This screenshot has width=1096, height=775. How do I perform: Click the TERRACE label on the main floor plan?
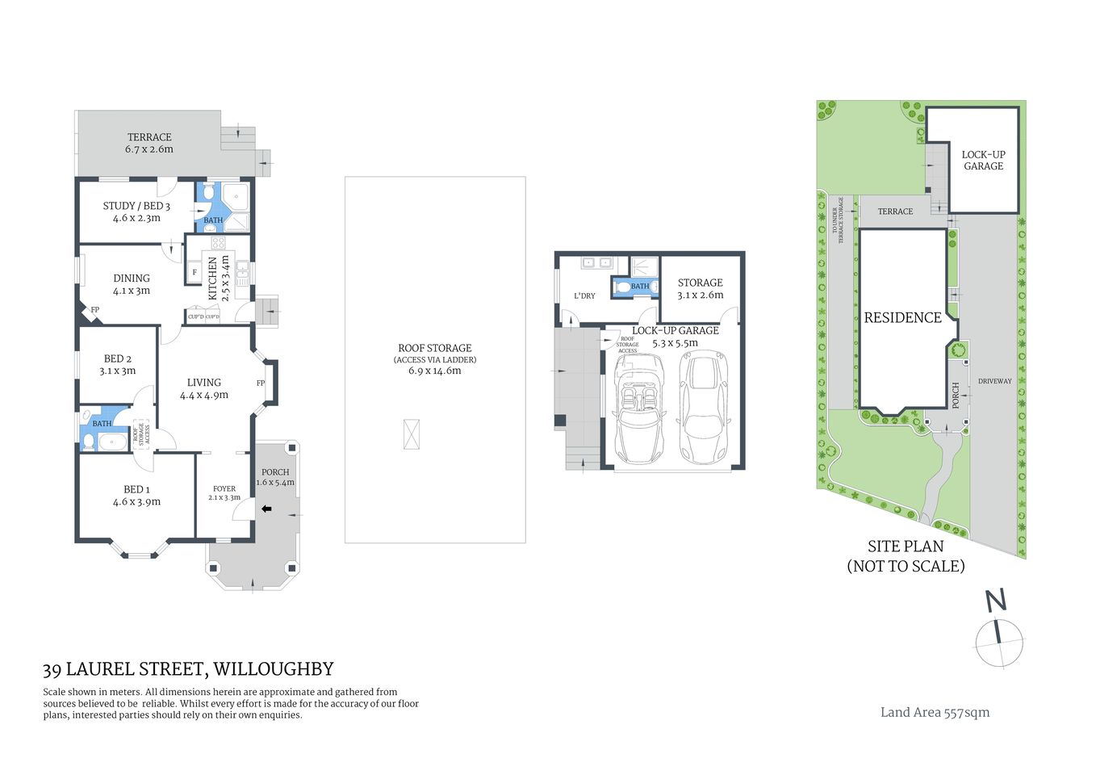tap(149, 137)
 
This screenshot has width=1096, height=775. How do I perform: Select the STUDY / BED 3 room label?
tap(136, 206)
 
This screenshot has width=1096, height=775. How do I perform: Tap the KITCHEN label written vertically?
tap(213, 278)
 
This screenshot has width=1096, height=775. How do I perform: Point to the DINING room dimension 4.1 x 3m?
tap(132, 291)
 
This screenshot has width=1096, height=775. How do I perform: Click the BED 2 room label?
tap(118, 358)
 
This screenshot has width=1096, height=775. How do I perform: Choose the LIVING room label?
tap(203, 383)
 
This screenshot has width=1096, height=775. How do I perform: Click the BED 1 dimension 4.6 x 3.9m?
tap(136, 501)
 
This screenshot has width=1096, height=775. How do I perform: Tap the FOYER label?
tap(224, 488)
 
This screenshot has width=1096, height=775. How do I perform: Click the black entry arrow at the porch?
tap(266, 509)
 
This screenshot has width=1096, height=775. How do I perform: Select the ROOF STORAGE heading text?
tap(434, 348)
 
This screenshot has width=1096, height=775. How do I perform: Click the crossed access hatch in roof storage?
tap(412, 434)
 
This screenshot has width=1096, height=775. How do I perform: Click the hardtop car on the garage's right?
tap(705, 408)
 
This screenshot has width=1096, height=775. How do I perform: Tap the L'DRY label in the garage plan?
tap(584, 295)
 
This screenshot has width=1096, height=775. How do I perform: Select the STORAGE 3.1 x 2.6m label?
tap(701, 288)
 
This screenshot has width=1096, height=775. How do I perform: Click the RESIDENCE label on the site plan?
tap(902, 317)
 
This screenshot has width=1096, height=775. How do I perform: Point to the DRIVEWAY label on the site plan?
tap(994, 381)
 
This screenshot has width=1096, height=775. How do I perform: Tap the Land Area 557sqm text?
tap(935, 712)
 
